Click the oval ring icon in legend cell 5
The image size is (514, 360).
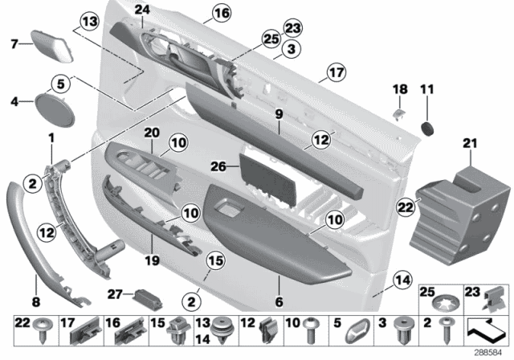[x=361, y=329]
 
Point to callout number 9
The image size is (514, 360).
[x=279, y=114]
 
